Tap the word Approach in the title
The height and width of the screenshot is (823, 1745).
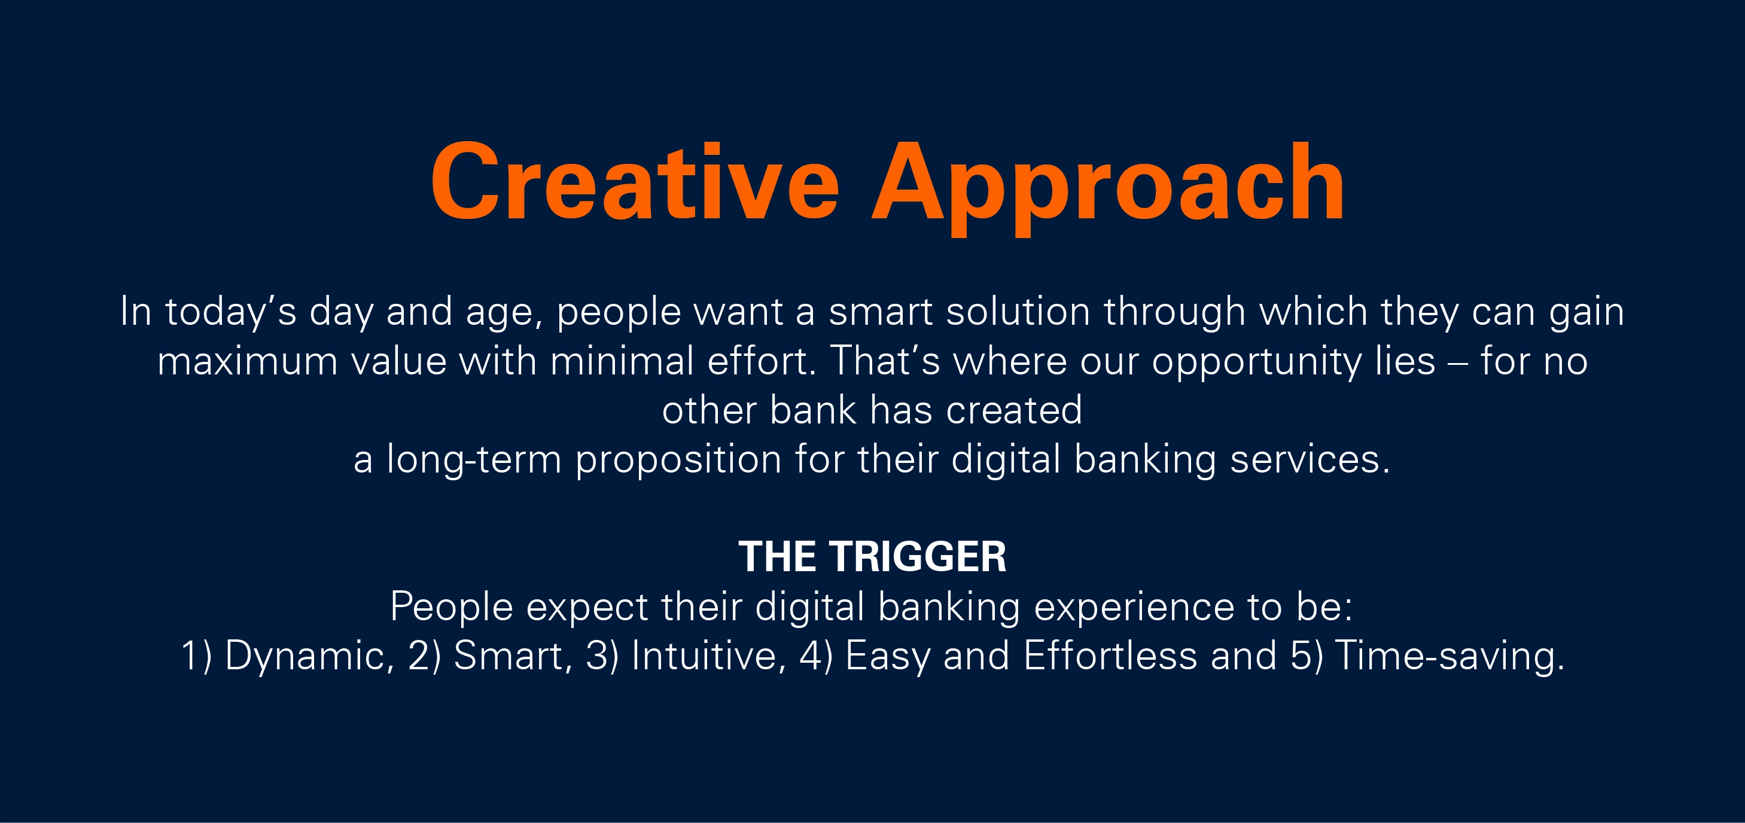point(1107,188)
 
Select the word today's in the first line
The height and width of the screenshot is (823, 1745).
point(231,313)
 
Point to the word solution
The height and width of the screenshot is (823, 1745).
point(1018,312)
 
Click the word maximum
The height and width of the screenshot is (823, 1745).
point(247,361)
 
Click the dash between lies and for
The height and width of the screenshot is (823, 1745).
point(1458,363)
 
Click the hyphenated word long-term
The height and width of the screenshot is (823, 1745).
point(474,459)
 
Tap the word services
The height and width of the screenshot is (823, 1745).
point(1309,459)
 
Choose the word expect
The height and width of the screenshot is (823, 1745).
point(587,608)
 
